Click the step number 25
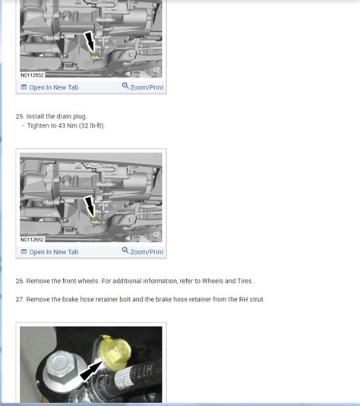19,116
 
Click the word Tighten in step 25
39,125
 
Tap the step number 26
19,281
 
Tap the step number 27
19,299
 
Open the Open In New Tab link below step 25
53,252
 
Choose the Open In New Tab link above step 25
53,87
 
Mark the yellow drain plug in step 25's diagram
94,218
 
